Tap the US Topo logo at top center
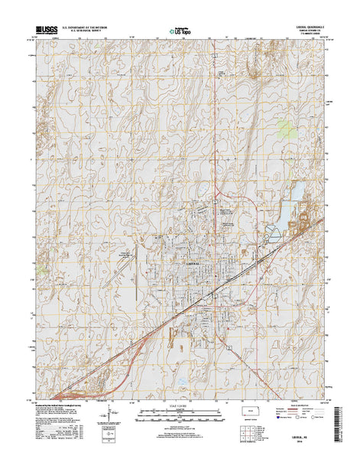pyautogui.click(x=180, y=33)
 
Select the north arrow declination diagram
pyautogui.click(x=107, y=418)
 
